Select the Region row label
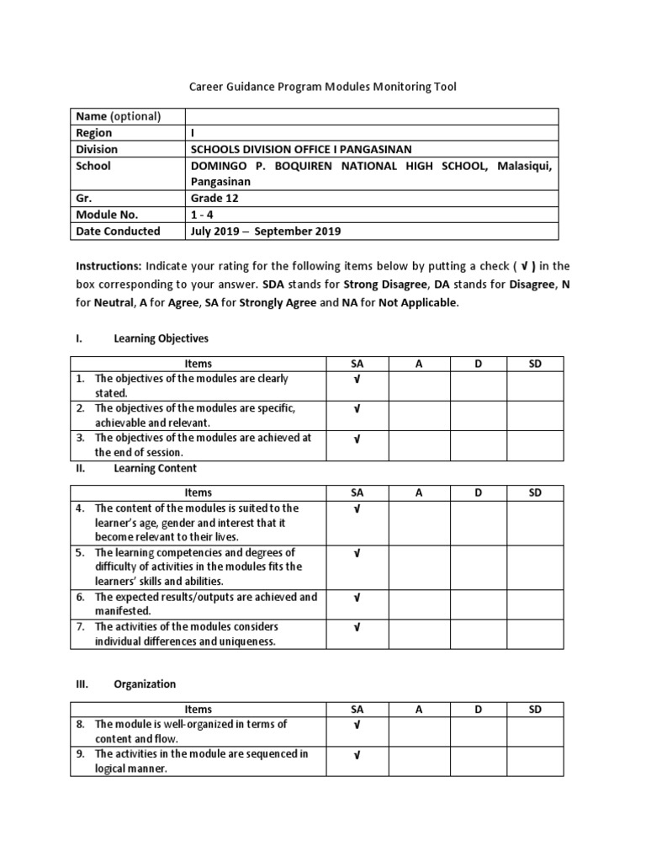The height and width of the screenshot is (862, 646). point(93,133)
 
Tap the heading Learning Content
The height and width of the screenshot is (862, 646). point(156,468)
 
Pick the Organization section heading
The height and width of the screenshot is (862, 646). point(146,684)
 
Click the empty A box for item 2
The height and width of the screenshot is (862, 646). point(419,416)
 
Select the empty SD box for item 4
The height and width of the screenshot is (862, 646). point(535,522)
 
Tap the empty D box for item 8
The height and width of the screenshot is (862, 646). point(478,731)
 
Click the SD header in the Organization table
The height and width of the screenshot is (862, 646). point(535,709)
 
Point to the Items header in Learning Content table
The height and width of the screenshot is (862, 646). point(198,492)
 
